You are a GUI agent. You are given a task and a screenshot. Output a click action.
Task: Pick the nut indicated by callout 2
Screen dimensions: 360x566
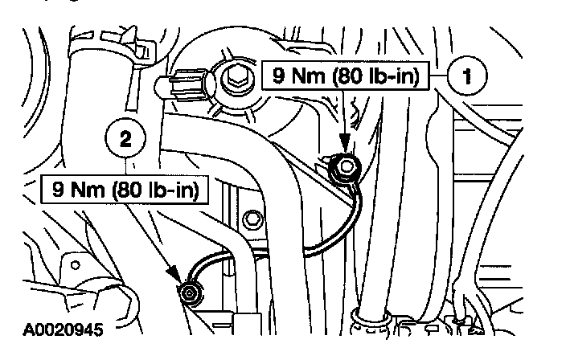[x=190, y=292]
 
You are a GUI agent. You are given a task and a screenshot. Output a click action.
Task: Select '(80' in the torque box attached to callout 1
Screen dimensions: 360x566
[x=341, y=79]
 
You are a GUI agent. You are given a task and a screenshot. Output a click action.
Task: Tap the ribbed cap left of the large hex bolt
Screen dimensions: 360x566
[x=187, y=83]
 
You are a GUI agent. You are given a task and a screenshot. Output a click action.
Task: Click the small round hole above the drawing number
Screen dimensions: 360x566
[x=74, y=264]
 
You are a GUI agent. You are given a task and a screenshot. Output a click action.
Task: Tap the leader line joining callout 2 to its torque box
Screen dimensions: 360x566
[x=125, y=167]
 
